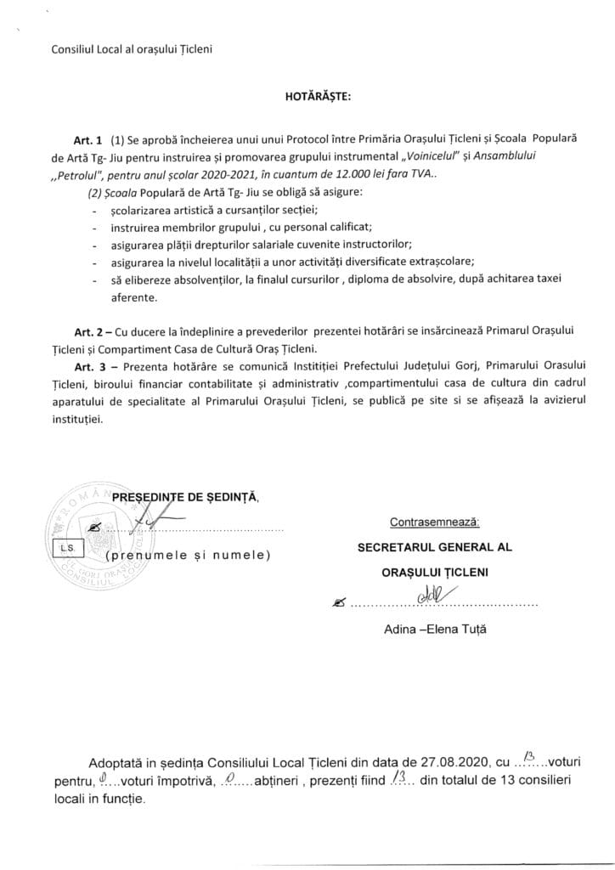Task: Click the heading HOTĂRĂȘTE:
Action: click(x=307, y=97)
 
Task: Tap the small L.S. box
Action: click(x=65, y=549)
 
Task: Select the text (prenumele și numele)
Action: click(x=189, y=556)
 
